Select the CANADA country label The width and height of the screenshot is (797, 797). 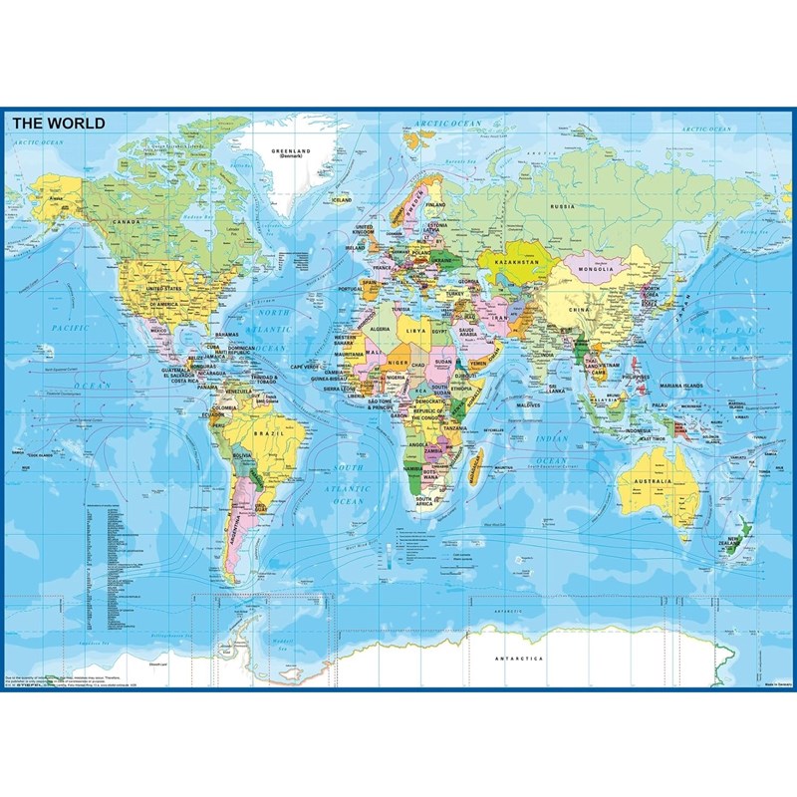click(x=127, y=221)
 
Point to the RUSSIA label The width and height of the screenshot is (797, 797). click(x=563, y=206)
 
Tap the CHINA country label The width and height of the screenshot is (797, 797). click(x=581, y=309)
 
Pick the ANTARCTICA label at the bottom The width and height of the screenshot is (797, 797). click(x=521, y=660)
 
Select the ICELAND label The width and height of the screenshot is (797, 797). click(x=342, y=199)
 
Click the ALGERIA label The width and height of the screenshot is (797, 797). click(x=382, y=327)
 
